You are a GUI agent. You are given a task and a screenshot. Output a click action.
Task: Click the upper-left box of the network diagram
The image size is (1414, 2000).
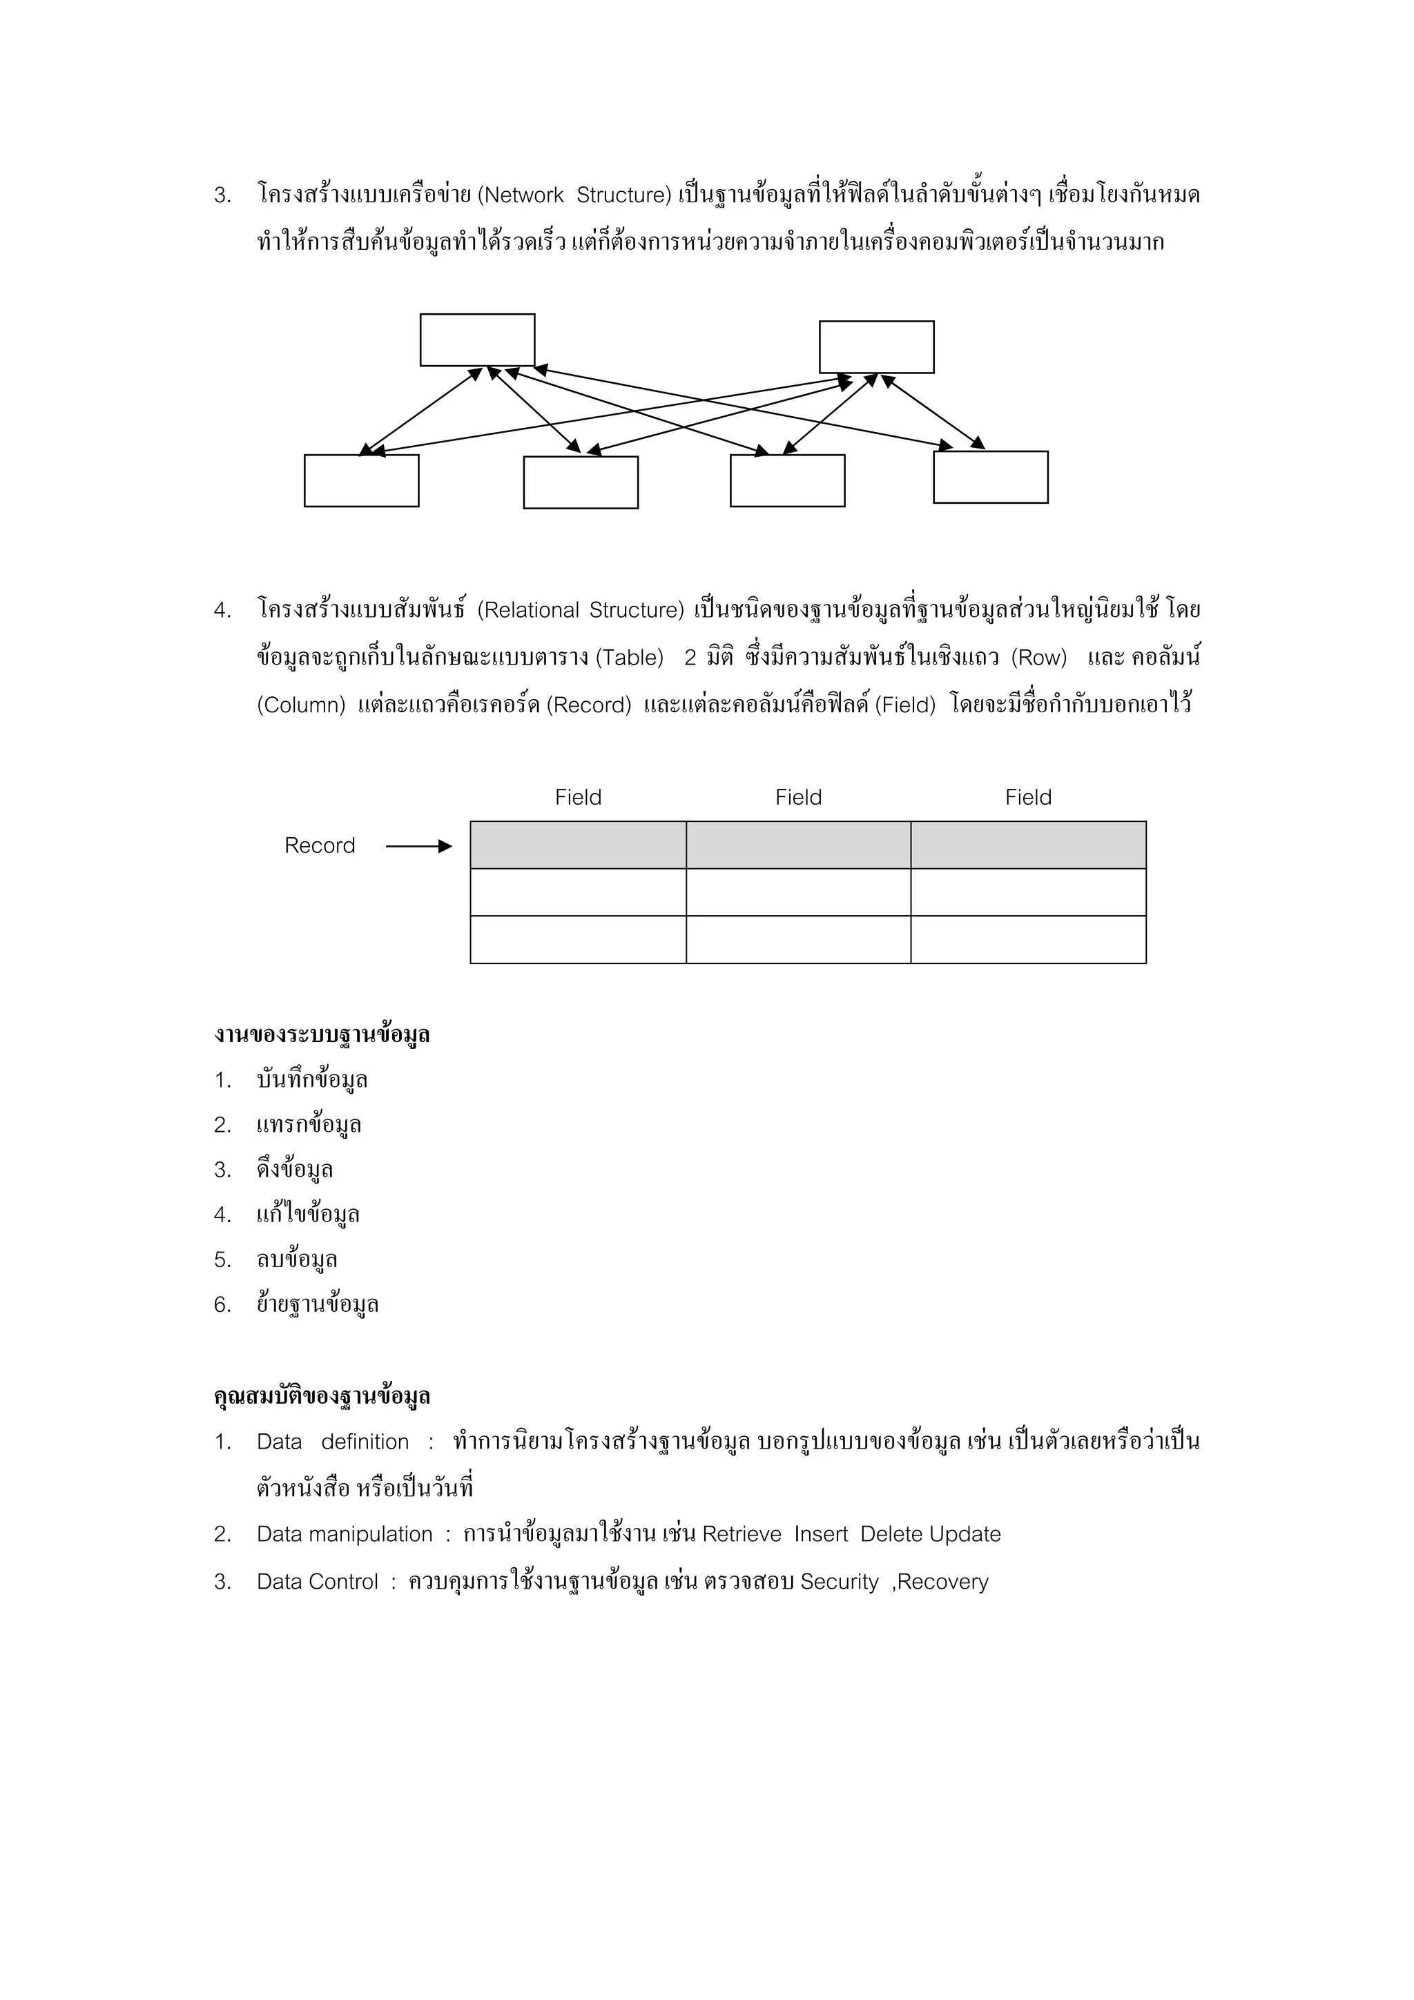click(476, 340)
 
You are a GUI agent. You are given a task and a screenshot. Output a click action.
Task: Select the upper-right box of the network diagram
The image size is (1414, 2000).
click(875, 346)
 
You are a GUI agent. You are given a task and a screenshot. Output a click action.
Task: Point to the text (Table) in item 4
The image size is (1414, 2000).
click(629, 658)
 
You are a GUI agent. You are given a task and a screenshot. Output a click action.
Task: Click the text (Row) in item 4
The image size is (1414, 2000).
click(1038, 658)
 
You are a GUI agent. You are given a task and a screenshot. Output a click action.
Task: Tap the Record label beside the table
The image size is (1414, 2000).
click(320, 846)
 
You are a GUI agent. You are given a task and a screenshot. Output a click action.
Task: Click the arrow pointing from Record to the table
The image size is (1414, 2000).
click(419, 846)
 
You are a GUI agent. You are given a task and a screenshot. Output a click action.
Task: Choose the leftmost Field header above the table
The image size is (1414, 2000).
click(578, 797)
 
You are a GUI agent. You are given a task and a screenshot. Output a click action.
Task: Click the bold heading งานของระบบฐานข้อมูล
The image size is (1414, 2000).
click(322, 1034)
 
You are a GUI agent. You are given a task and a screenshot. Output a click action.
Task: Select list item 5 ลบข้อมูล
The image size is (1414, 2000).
click(296, 1259)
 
